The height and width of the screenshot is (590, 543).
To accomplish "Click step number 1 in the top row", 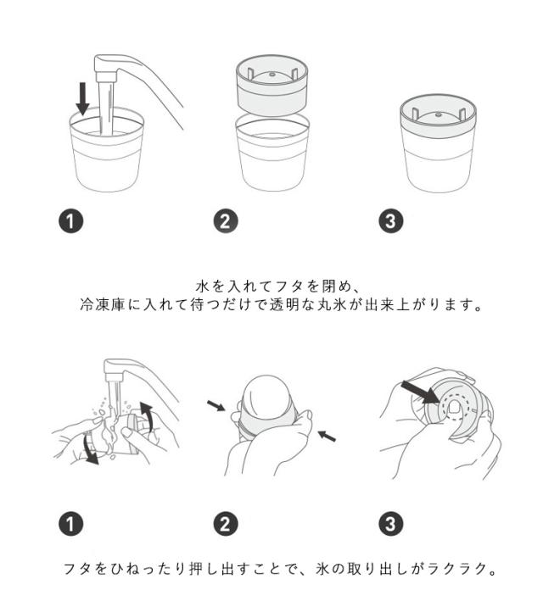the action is click(x=70, y=221).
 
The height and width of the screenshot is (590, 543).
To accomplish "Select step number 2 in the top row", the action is click(x=226, y=221).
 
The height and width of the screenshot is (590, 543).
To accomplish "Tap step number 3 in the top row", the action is click(x=391, y=221).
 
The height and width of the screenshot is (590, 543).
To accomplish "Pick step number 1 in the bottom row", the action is click(x=70, y=524).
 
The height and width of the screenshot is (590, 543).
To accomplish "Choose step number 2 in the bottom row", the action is click(x=226, y=524).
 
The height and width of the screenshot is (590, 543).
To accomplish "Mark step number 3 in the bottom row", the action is click(x=391, y=524).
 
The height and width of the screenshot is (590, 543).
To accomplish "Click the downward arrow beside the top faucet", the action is click(x=82, y=98).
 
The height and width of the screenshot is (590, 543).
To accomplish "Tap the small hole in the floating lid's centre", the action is click(x=271, y=75).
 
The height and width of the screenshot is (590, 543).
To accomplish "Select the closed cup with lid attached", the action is click(x=438, y=143).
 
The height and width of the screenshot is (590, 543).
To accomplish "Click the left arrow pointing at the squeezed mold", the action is click(x=216, y=405).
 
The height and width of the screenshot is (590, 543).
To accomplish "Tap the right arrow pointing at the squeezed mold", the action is click(x=327, y=436).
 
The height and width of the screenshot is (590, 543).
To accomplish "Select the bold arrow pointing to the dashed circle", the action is click(x=420, y=392).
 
